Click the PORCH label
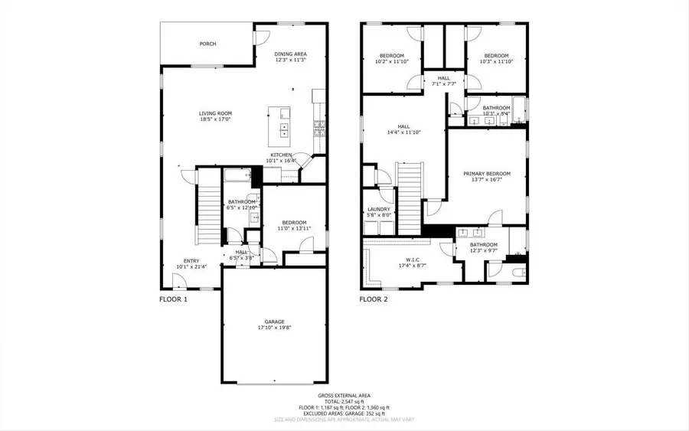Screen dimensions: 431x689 [x=207, y=44]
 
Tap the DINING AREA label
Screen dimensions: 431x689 [x=291, y=54]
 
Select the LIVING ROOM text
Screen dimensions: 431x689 [x=215, y=113]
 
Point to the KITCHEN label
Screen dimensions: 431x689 [x=280, y=155]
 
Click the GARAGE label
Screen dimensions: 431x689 [x=274, y=322]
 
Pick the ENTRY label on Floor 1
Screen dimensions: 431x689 [x=191, y=261]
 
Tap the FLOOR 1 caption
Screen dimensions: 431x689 [x=173, y=299]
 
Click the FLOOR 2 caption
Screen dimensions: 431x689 [x=374, y=299]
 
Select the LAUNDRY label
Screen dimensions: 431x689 [x=379, y=209]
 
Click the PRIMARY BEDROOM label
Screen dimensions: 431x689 [x=486, y=174]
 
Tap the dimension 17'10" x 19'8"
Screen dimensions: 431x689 [x=274, y=328]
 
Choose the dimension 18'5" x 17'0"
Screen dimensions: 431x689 [x=215, y=119]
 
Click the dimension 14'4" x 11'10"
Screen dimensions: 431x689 [x=403, y=132]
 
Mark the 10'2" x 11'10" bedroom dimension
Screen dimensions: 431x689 [x=394, y=61]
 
